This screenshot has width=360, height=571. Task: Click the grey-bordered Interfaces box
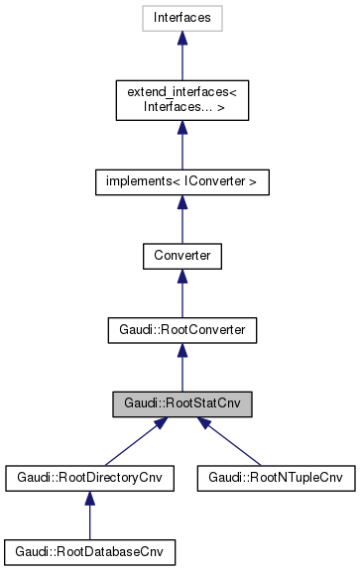pos(181,17)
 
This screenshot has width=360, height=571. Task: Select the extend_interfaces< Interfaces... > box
pos(181,99)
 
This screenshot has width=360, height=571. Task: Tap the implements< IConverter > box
pos(181,182)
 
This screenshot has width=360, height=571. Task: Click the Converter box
pos(181,256)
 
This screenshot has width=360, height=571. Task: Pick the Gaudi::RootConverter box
pos(181,330)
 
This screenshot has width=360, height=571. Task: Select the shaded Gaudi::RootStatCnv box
pos(181,403)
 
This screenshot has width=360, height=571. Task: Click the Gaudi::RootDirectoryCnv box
pos(89,478)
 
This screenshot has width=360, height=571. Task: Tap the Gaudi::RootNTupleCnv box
pos(275,478)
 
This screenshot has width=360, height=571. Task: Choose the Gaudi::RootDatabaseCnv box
pos(89,551)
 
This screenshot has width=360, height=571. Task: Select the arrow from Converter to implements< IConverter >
pos(181,220)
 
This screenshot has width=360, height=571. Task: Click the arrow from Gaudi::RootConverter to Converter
pos(181,294)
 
